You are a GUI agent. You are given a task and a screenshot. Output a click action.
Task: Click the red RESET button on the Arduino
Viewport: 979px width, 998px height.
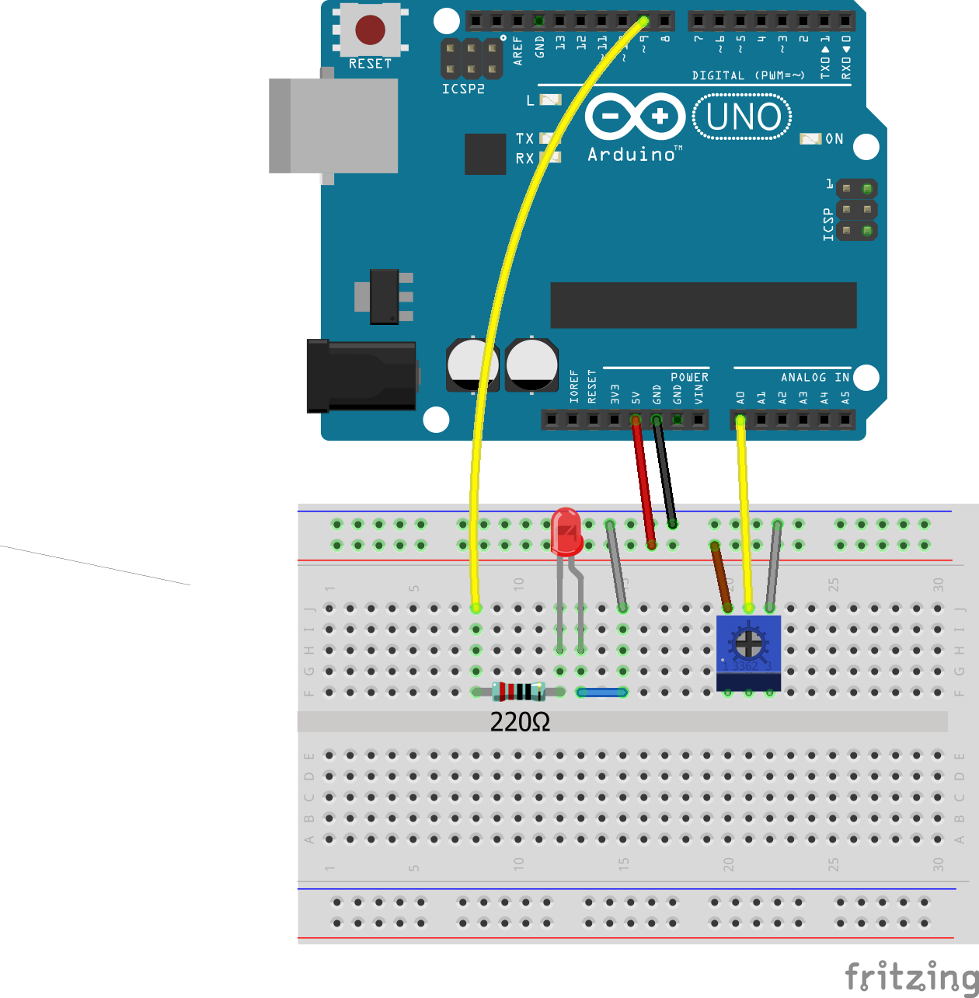(x=370, y=30)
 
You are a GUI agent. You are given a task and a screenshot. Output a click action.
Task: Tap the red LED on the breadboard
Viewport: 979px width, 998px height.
(x=566, y=532)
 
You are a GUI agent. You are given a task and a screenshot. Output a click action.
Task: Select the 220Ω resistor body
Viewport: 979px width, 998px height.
(x=518, y=691)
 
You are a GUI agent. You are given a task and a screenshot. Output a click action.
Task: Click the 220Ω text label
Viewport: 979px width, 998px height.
(x=520, y=723)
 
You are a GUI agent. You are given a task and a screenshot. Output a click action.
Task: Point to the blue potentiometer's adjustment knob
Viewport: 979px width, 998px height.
(x=748, y=643)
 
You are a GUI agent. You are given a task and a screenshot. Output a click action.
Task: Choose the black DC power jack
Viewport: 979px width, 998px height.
(x=361, y=376)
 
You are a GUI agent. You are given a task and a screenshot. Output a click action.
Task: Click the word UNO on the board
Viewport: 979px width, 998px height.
(x=743, y=117)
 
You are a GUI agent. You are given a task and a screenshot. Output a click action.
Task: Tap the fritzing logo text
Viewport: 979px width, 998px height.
(x=911, y=977)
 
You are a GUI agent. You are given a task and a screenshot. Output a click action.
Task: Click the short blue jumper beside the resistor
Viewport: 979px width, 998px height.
(x=601, y=692)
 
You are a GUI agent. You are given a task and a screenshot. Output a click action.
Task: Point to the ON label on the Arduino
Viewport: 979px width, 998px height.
(x=834, y=139)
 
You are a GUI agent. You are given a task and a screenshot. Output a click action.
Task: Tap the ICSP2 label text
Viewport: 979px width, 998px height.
(x=463, y=89)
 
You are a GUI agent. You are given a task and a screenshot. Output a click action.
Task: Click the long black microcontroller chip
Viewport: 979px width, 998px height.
(x=703, y=305)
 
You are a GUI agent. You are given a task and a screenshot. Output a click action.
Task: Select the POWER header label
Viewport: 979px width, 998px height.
(x=689, y=378)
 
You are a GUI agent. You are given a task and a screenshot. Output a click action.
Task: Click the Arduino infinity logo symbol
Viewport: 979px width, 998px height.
(x=635, y=117)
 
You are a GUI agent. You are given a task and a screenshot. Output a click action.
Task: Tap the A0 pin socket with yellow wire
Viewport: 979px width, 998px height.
(x=740, y=420)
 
